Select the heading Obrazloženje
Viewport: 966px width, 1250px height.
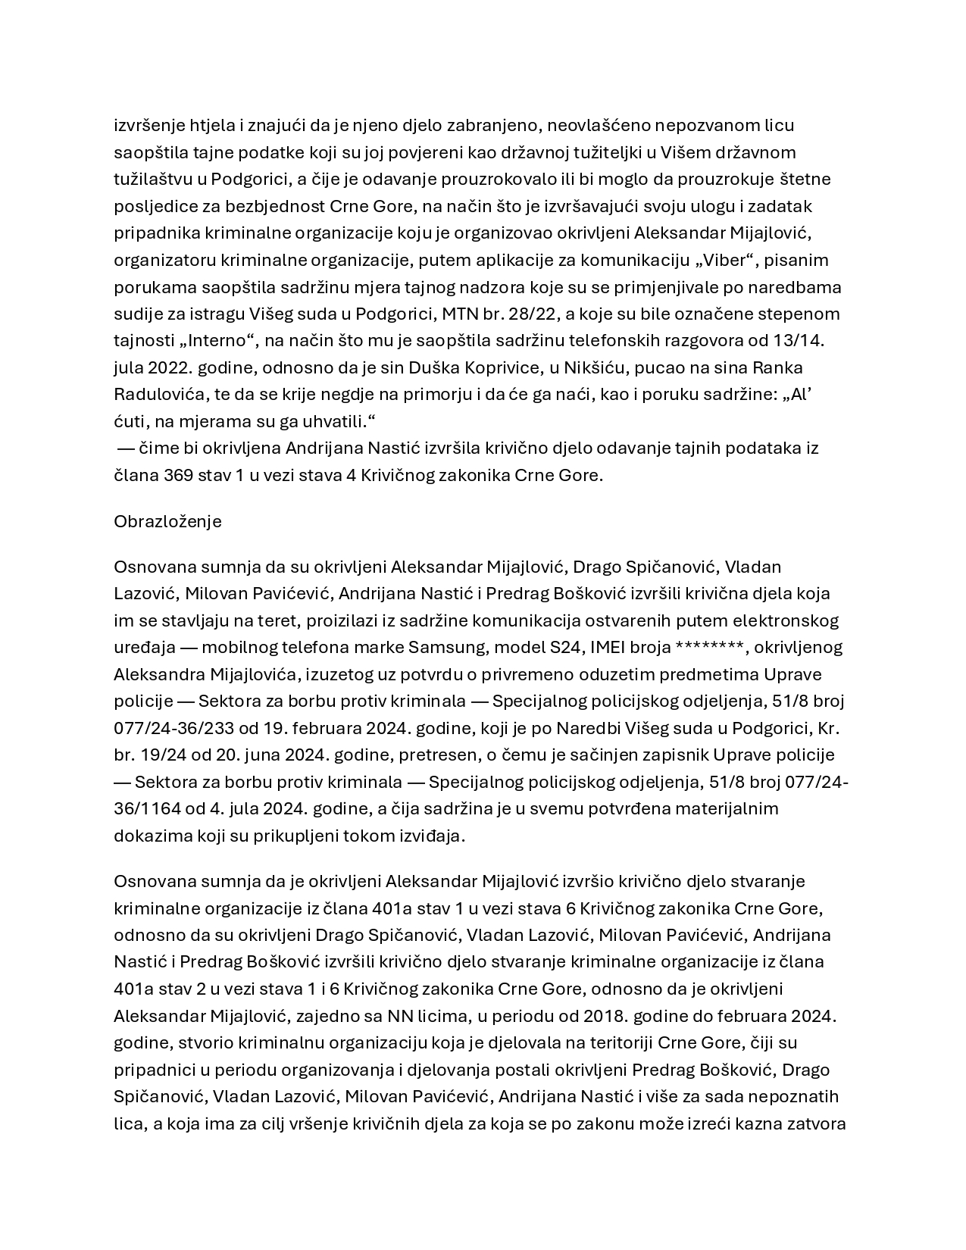(x=167, y=522)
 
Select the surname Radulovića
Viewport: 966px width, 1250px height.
(x=160, y=395)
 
